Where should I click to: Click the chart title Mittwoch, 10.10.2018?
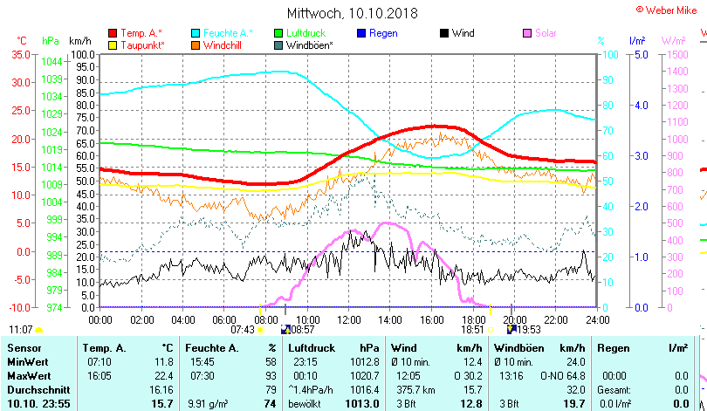click(353, 14)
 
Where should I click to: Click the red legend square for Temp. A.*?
click(113, 33)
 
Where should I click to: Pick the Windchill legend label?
click(223, 45)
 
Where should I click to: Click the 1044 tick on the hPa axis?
click(51, 61)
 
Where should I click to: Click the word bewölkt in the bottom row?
click(305, 403)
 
